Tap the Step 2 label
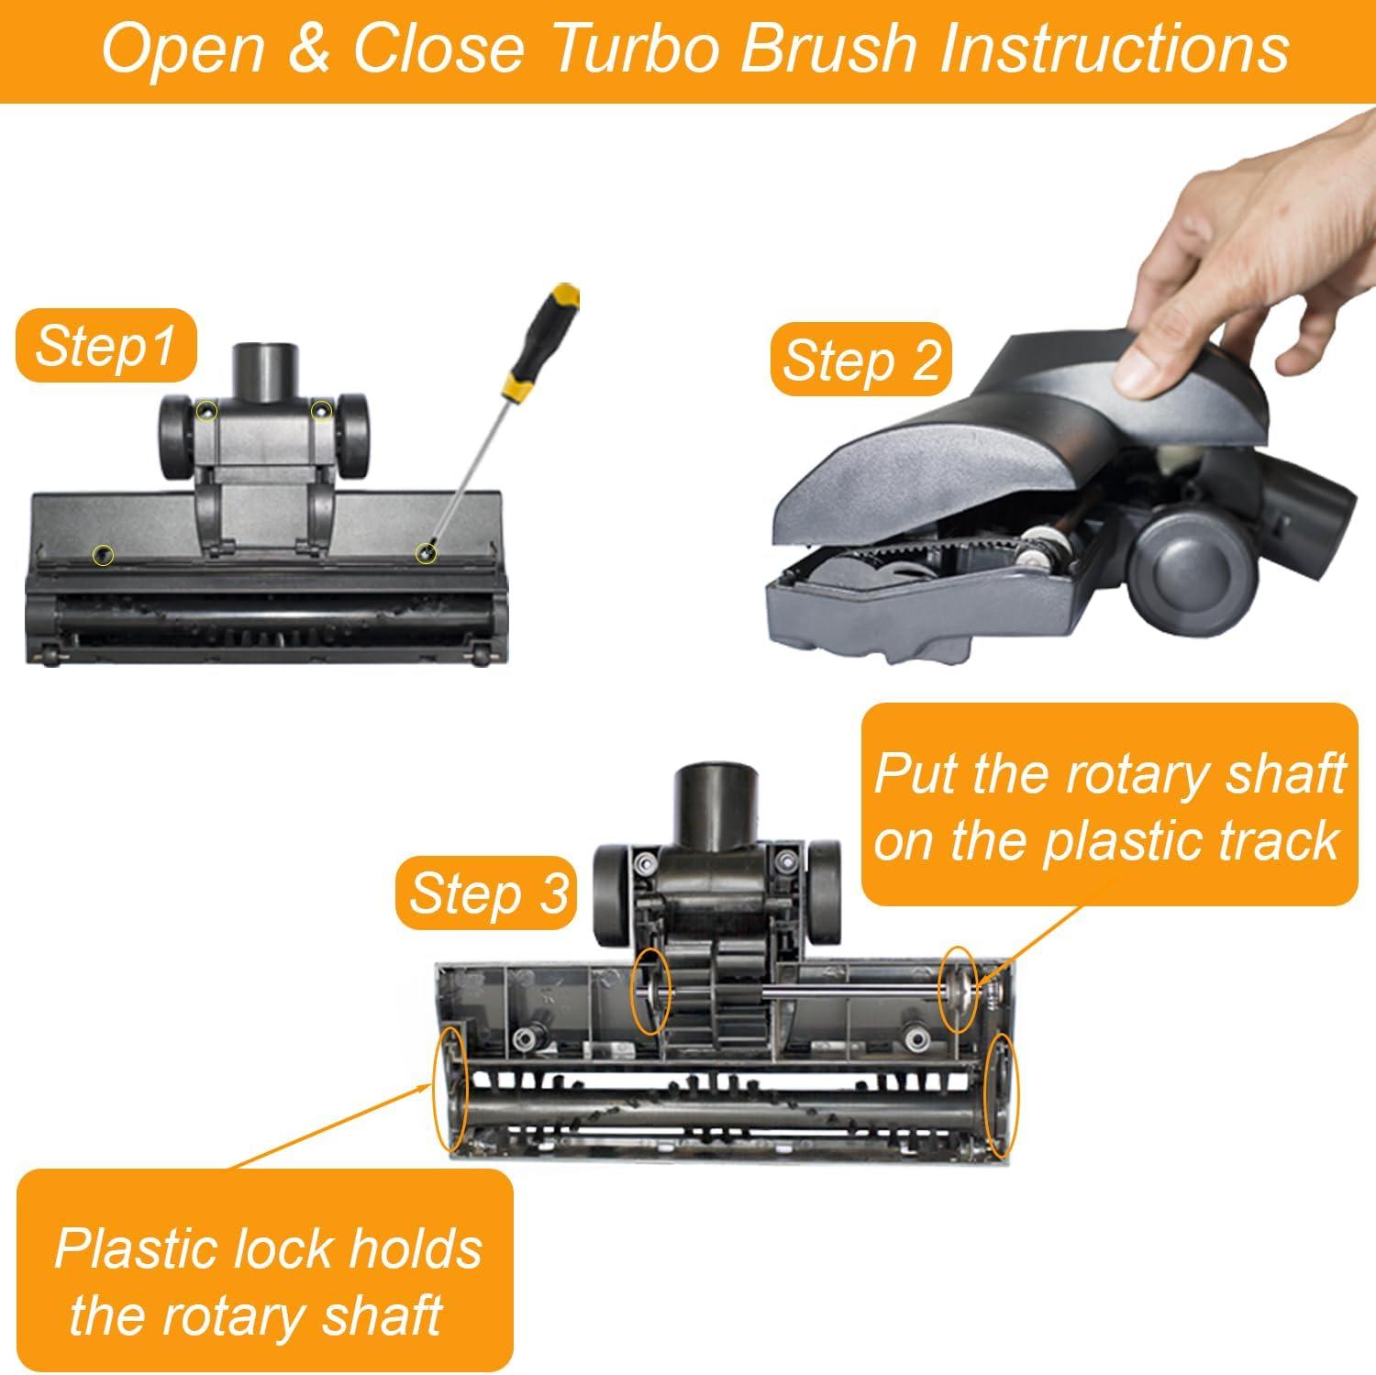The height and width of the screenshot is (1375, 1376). pos(861,360)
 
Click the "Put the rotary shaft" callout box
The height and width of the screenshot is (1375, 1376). pos(1107,804)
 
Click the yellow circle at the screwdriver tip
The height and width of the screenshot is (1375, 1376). pos(425,552)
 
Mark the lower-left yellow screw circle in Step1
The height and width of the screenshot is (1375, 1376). pos(105,553)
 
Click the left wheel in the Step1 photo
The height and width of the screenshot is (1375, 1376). pos(180,437)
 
